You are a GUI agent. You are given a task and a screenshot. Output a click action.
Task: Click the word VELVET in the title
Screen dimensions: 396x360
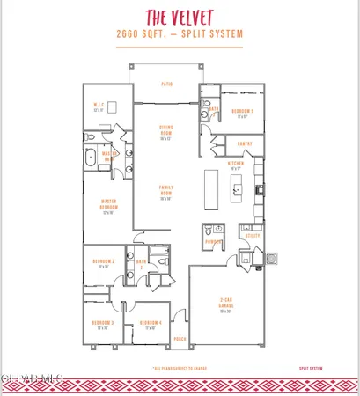(x=199, y=16)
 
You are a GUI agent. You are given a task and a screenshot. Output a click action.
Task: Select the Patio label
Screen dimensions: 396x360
(x=165, y=84)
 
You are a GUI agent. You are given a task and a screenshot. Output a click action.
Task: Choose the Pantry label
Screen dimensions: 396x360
(x=246, y=143)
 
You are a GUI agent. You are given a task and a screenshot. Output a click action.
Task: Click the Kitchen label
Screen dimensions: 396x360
(x=235, y=165)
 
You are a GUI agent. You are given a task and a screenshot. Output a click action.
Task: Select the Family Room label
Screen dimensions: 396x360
(x=165, y=189)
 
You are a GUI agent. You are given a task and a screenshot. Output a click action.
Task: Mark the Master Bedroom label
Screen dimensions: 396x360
(x=109, y=207)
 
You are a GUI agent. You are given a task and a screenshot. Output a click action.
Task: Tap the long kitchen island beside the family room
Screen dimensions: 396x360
(x=211, y=188)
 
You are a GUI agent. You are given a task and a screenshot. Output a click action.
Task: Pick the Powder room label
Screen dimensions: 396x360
(x=212, y=240)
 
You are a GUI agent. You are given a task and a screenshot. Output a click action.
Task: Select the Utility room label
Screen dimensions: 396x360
(x=252, y=236)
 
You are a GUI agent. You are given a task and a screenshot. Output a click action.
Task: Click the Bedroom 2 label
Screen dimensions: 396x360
(x=103, y=264)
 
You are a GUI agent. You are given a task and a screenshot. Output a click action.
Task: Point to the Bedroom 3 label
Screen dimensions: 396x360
(x=103, y=324)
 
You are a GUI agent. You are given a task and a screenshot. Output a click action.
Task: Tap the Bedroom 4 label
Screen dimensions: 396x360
(x=149, y=324)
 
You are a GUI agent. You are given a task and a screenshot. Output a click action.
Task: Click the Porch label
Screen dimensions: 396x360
(x=180, y=339)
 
